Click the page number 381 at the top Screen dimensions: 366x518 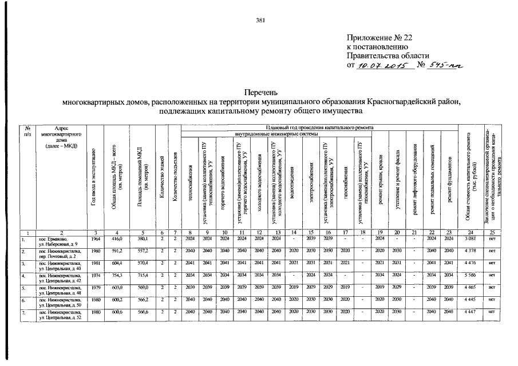(259, 21)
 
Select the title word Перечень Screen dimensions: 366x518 (260, 92)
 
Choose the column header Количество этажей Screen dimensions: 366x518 (163, 174)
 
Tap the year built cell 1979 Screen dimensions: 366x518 (96, 287)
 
